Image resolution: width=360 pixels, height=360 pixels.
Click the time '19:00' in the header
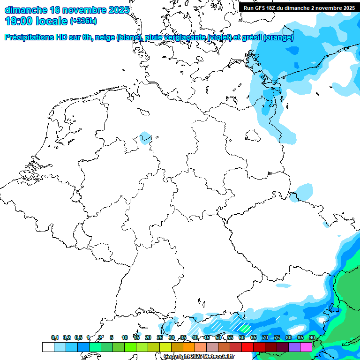point(19,21)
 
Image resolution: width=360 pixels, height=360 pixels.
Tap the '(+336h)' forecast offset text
point(84,21)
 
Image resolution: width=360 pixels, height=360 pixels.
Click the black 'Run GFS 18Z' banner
point(299,8)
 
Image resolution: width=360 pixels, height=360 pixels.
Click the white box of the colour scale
point(48,347)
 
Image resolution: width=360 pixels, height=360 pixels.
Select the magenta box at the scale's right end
point(306,347)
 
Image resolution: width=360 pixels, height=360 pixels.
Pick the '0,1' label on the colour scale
point(55,338)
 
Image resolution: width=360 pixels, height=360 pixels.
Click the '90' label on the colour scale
point(312,338)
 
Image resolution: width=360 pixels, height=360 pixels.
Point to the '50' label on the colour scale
point(218,338)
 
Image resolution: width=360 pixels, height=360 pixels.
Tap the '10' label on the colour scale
point(125,338)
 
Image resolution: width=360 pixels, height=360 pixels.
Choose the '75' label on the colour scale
point(277,338)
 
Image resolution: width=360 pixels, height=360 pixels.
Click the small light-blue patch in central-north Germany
point(146,137)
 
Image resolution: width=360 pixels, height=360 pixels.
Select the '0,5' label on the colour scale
point(78,338)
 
